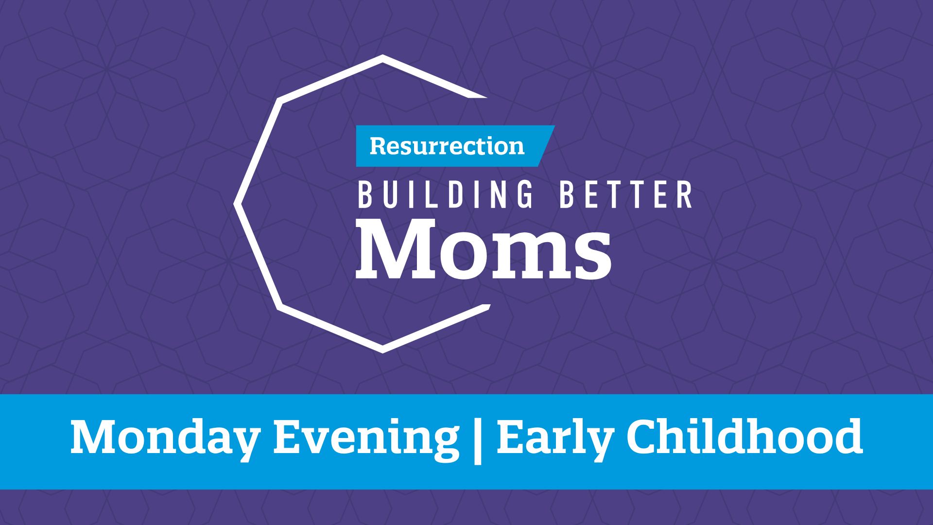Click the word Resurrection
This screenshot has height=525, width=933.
point(447,146)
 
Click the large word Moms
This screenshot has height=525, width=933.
point(484,249)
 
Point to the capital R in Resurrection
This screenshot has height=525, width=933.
point(379,146)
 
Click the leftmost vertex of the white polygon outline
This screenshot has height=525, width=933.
point(235,204)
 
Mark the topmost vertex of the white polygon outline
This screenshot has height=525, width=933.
point(382,56)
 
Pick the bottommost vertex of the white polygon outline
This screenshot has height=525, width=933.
point(382,351)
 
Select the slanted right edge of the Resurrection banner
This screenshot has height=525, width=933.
point(548,146)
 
